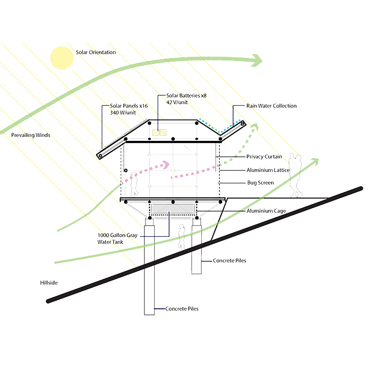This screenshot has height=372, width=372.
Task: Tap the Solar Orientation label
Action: coord(95,52)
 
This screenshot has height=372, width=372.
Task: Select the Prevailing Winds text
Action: coord(30,135)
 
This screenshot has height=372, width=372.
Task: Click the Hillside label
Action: coord(44,283)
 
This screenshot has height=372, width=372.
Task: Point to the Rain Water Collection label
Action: coord(271,106)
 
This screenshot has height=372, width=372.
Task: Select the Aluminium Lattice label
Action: coord(269,170)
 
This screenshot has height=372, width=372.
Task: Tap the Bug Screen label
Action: coord(260,183)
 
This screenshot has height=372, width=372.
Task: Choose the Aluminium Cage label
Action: coord(266,212)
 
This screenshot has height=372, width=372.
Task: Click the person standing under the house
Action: coord(182,236)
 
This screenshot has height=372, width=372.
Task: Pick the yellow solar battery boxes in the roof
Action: coord(159,133)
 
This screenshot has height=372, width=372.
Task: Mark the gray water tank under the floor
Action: coord(172,209)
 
